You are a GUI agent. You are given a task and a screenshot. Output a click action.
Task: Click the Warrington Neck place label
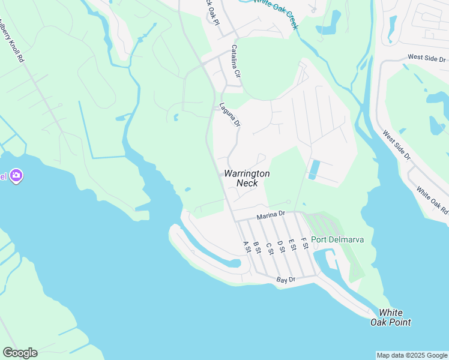(247, 178)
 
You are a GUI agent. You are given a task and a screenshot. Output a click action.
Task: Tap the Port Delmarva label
(337, 240)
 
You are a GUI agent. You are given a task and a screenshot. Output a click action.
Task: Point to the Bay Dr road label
(286, 280)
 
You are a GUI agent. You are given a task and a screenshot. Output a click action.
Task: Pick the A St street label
(246, 247)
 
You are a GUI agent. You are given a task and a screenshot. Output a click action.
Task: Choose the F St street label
(304, 242)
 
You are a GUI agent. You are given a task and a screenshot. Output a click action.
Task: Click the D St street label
(280, 245)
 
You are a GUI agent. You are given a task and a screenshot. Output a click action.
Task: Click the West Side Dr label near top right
(427, 59)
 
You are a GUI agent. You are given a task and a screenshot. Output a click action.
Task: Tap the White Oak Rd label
(432, 202)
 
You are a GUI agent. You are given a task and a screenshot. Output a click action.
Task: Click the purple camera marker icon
(16, 176)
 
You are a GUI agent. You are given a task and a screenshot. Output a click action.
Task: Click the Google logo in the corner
(20, 353)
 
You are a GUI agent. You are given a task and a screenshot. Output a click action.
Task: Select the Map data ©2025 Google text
(412, 355)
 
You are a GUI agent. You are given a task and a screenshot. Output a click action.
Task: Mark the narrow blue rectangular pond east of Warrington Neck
(313, 170)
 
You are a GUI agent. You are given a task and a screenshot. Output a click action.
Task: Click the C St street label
(269, 247)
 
